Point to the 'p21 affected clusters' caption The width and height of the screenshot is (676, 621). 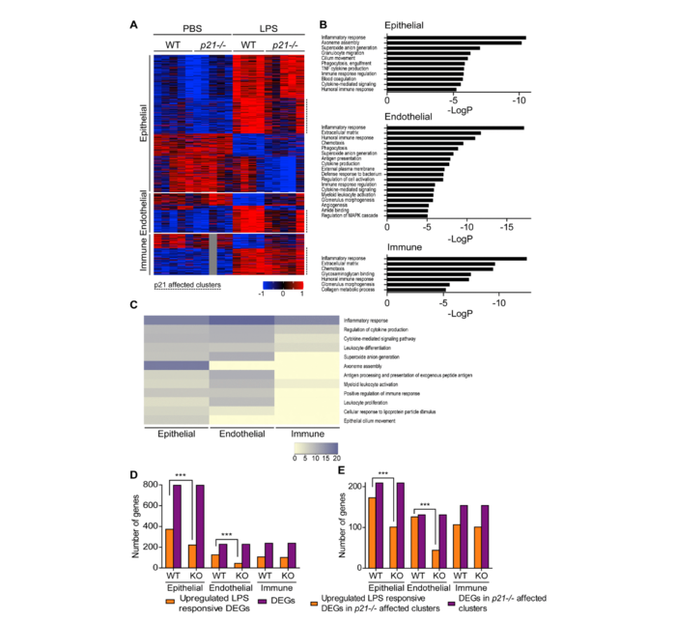pos(185,286)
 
